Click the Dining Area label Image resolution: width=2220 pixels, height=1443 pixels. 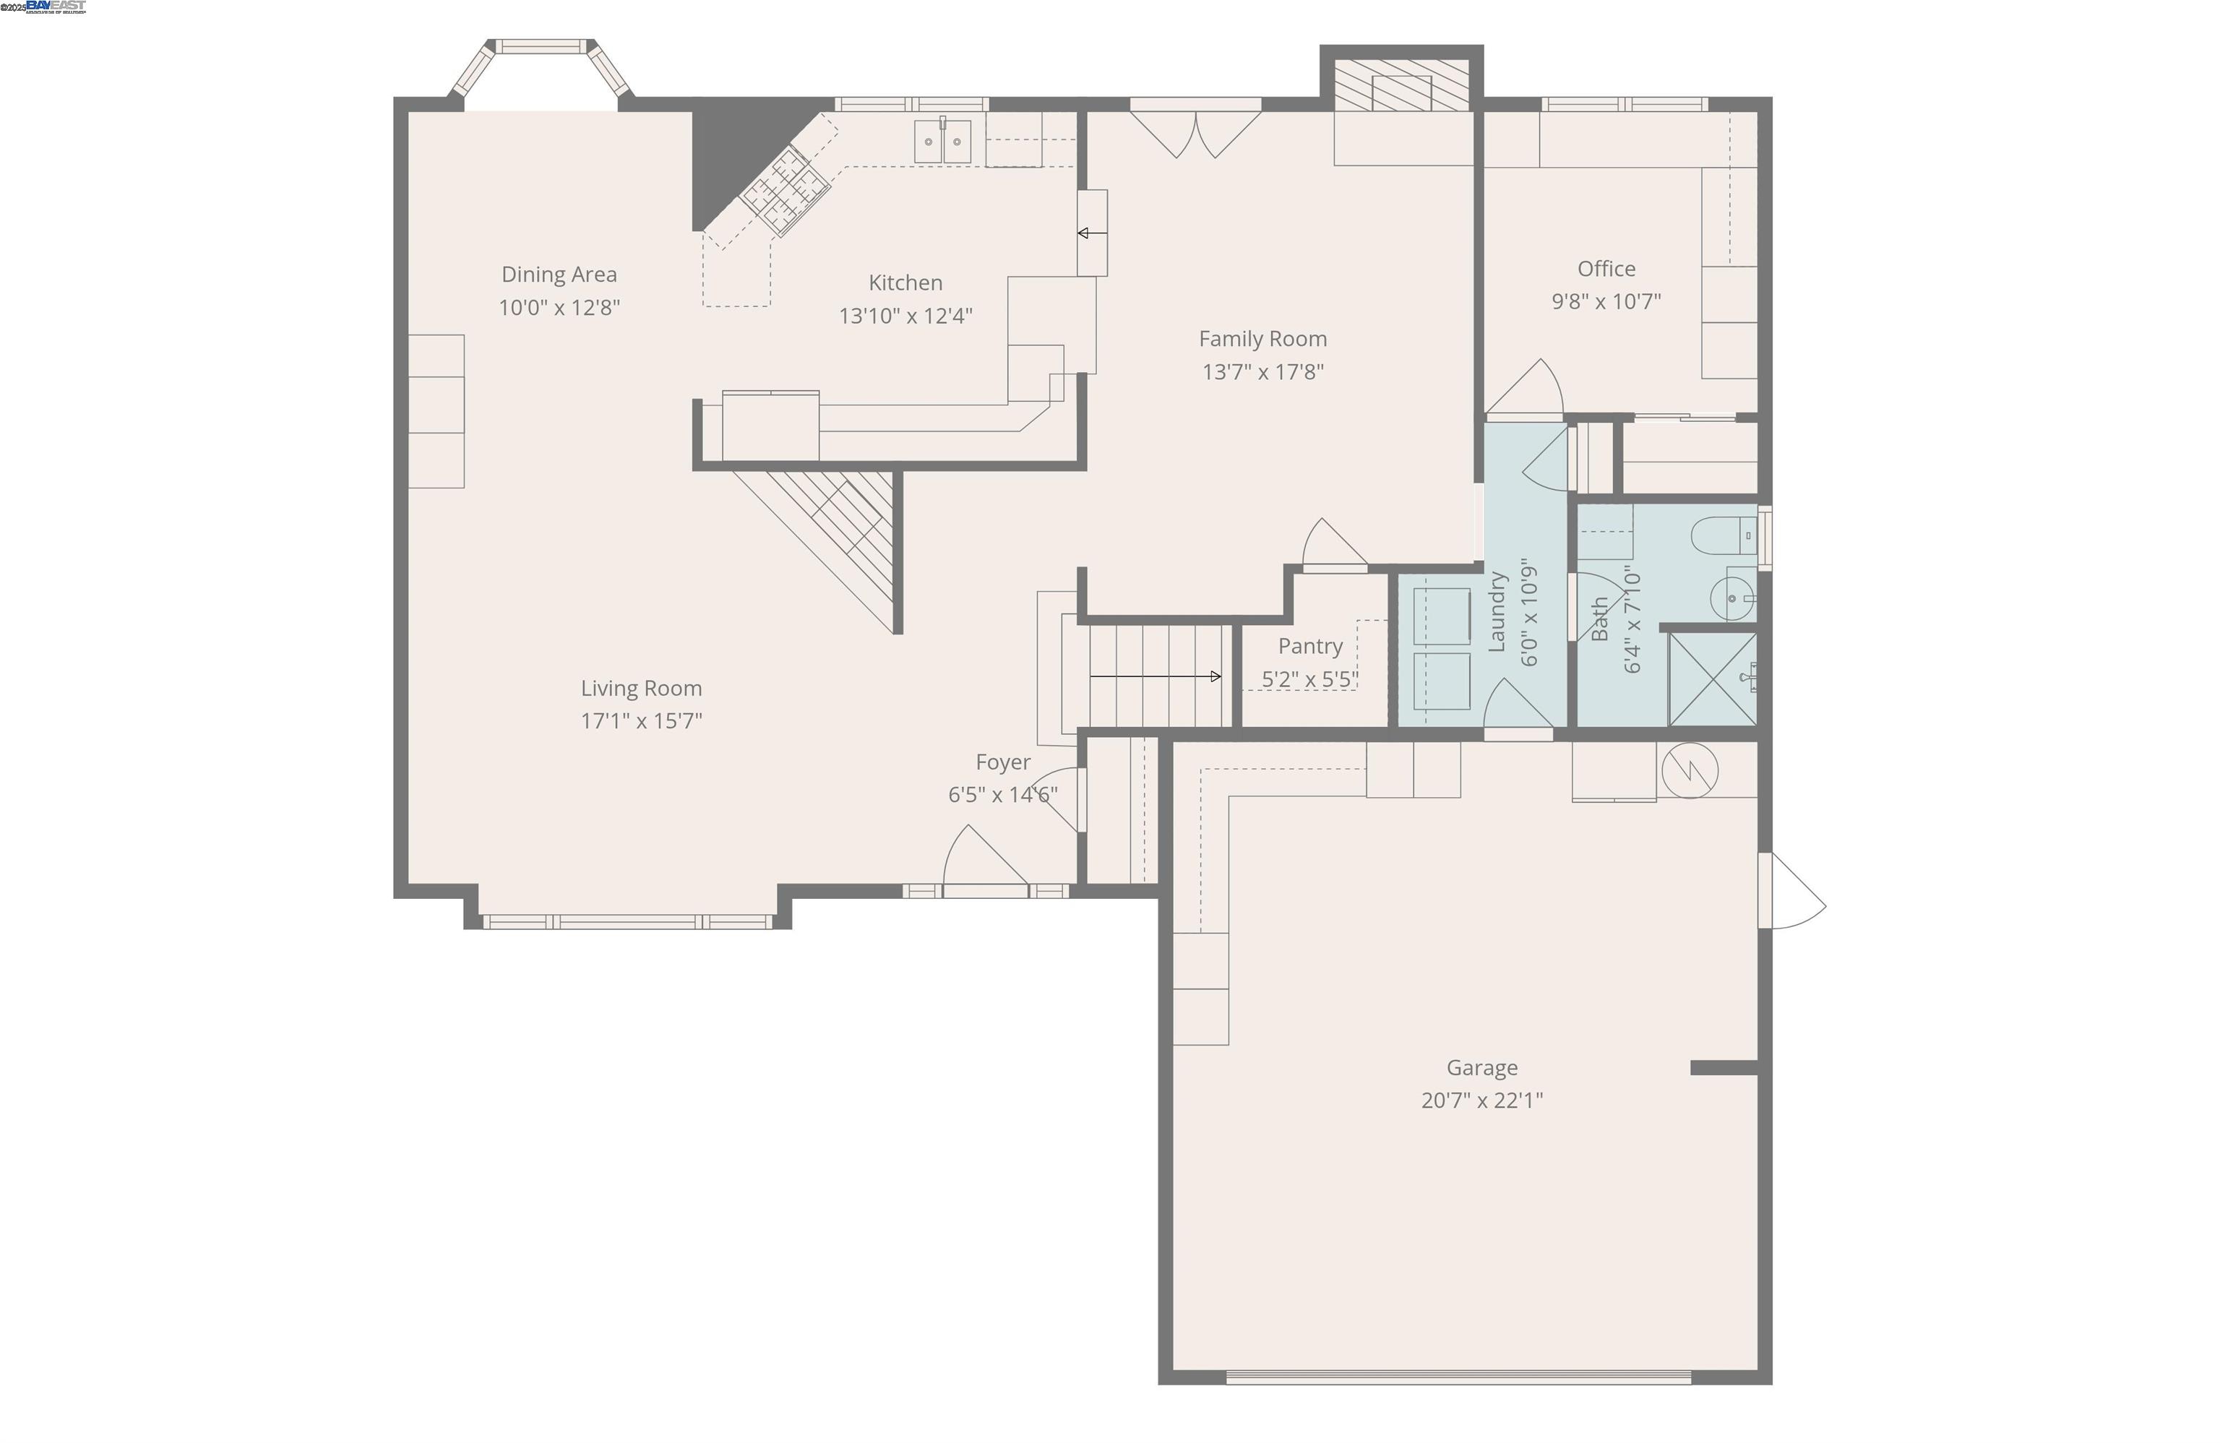[559, 275]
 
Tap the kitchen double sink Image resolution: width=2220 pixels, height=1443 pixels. [942, 142]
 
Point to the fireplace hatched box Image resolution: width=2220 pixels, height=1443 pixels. [1401, 86]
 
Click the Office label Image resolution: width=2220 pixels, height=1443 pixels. [1605, 269]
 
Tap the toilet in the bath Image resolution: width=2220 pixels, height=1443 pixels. [1723, 535]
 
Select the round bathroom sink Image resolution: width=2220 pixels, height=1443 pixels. [1732, 597]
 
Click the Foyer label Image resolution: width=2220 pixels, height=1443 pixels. [1003, 762]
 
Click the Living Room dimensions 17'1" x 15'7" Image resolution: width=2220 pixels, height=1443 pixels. [641, 720]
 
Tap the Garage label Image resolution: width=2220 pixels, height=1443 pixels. [1481, 1067]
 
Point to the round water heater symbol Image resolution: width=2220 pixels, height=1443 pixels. [1690, 770]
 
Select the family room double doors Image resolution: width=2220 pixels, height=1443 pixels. [1196, 132]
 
